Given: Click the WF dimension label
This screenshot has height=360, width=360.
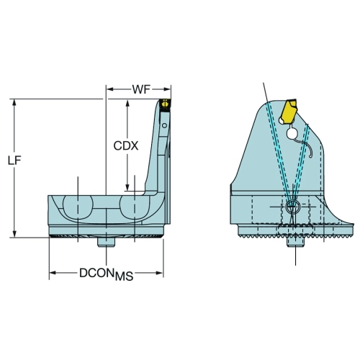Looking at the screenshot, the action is point(141,89).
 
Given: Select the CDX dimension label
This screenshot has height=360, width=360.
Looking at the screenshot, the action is point(126,145).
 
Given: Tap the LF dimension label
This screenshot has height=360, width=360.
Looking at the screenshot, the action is point(14,161).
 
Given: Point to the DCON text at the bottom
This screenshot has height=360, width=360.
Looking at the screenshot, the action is point(96,273).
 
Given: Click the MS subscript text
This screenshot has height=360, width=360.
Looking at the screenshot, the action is point(124,276).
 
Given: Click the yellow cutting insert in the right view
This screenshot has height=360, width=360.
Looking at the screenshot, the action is point(289,112).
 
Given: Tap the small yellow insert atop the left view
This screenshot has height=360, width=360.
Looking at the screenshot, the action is point(165,104).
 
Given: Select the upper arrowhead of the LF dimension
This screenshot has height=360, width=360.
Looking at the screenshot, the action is point(14,102).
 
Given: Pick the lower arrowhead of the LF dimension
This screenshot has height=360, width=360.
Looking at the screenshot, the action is point(14,234).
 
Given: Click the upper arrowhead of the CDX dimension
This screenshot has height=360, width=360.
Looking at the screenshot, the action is point(127,104).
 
